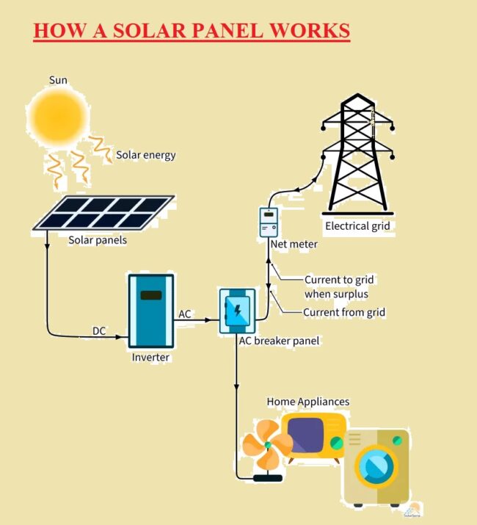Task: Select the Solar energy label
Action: [145, 155]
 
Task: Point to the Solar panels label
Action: [98, 240]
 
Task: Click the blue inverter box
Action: [151, 311]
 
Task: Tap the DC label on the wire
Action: [99, 330]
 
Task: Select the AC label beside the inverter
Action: [185, 314]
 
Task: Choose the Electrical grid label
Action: [357, 226]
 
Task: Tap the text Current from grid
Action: [344, 313]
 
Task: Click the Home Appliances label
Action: [307, 402]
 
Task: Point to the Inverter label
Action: [150, 358]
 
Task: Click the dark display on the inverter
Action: [151, 295]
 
